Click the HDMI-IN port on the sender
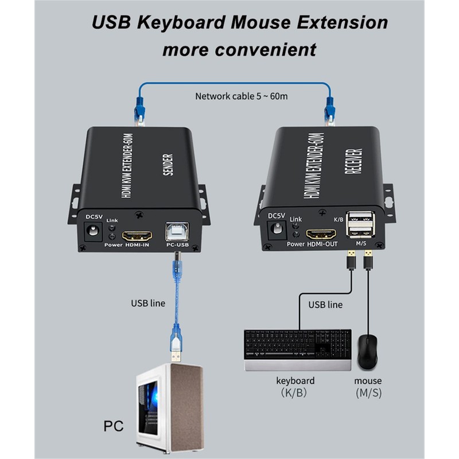click(138, 235)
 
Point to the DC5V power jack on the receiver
click(277, 229)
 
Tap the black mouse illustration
click(367, 351)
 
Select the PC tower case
click(170, 407)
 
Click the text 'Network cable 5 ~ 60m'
click(242, 96)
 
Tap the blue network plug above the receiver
click(330, 108)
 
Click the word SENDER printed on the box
click(169, 164)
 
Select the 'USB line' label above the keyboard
click(325, 304)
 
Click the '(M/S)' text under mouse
click(368, 393)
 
